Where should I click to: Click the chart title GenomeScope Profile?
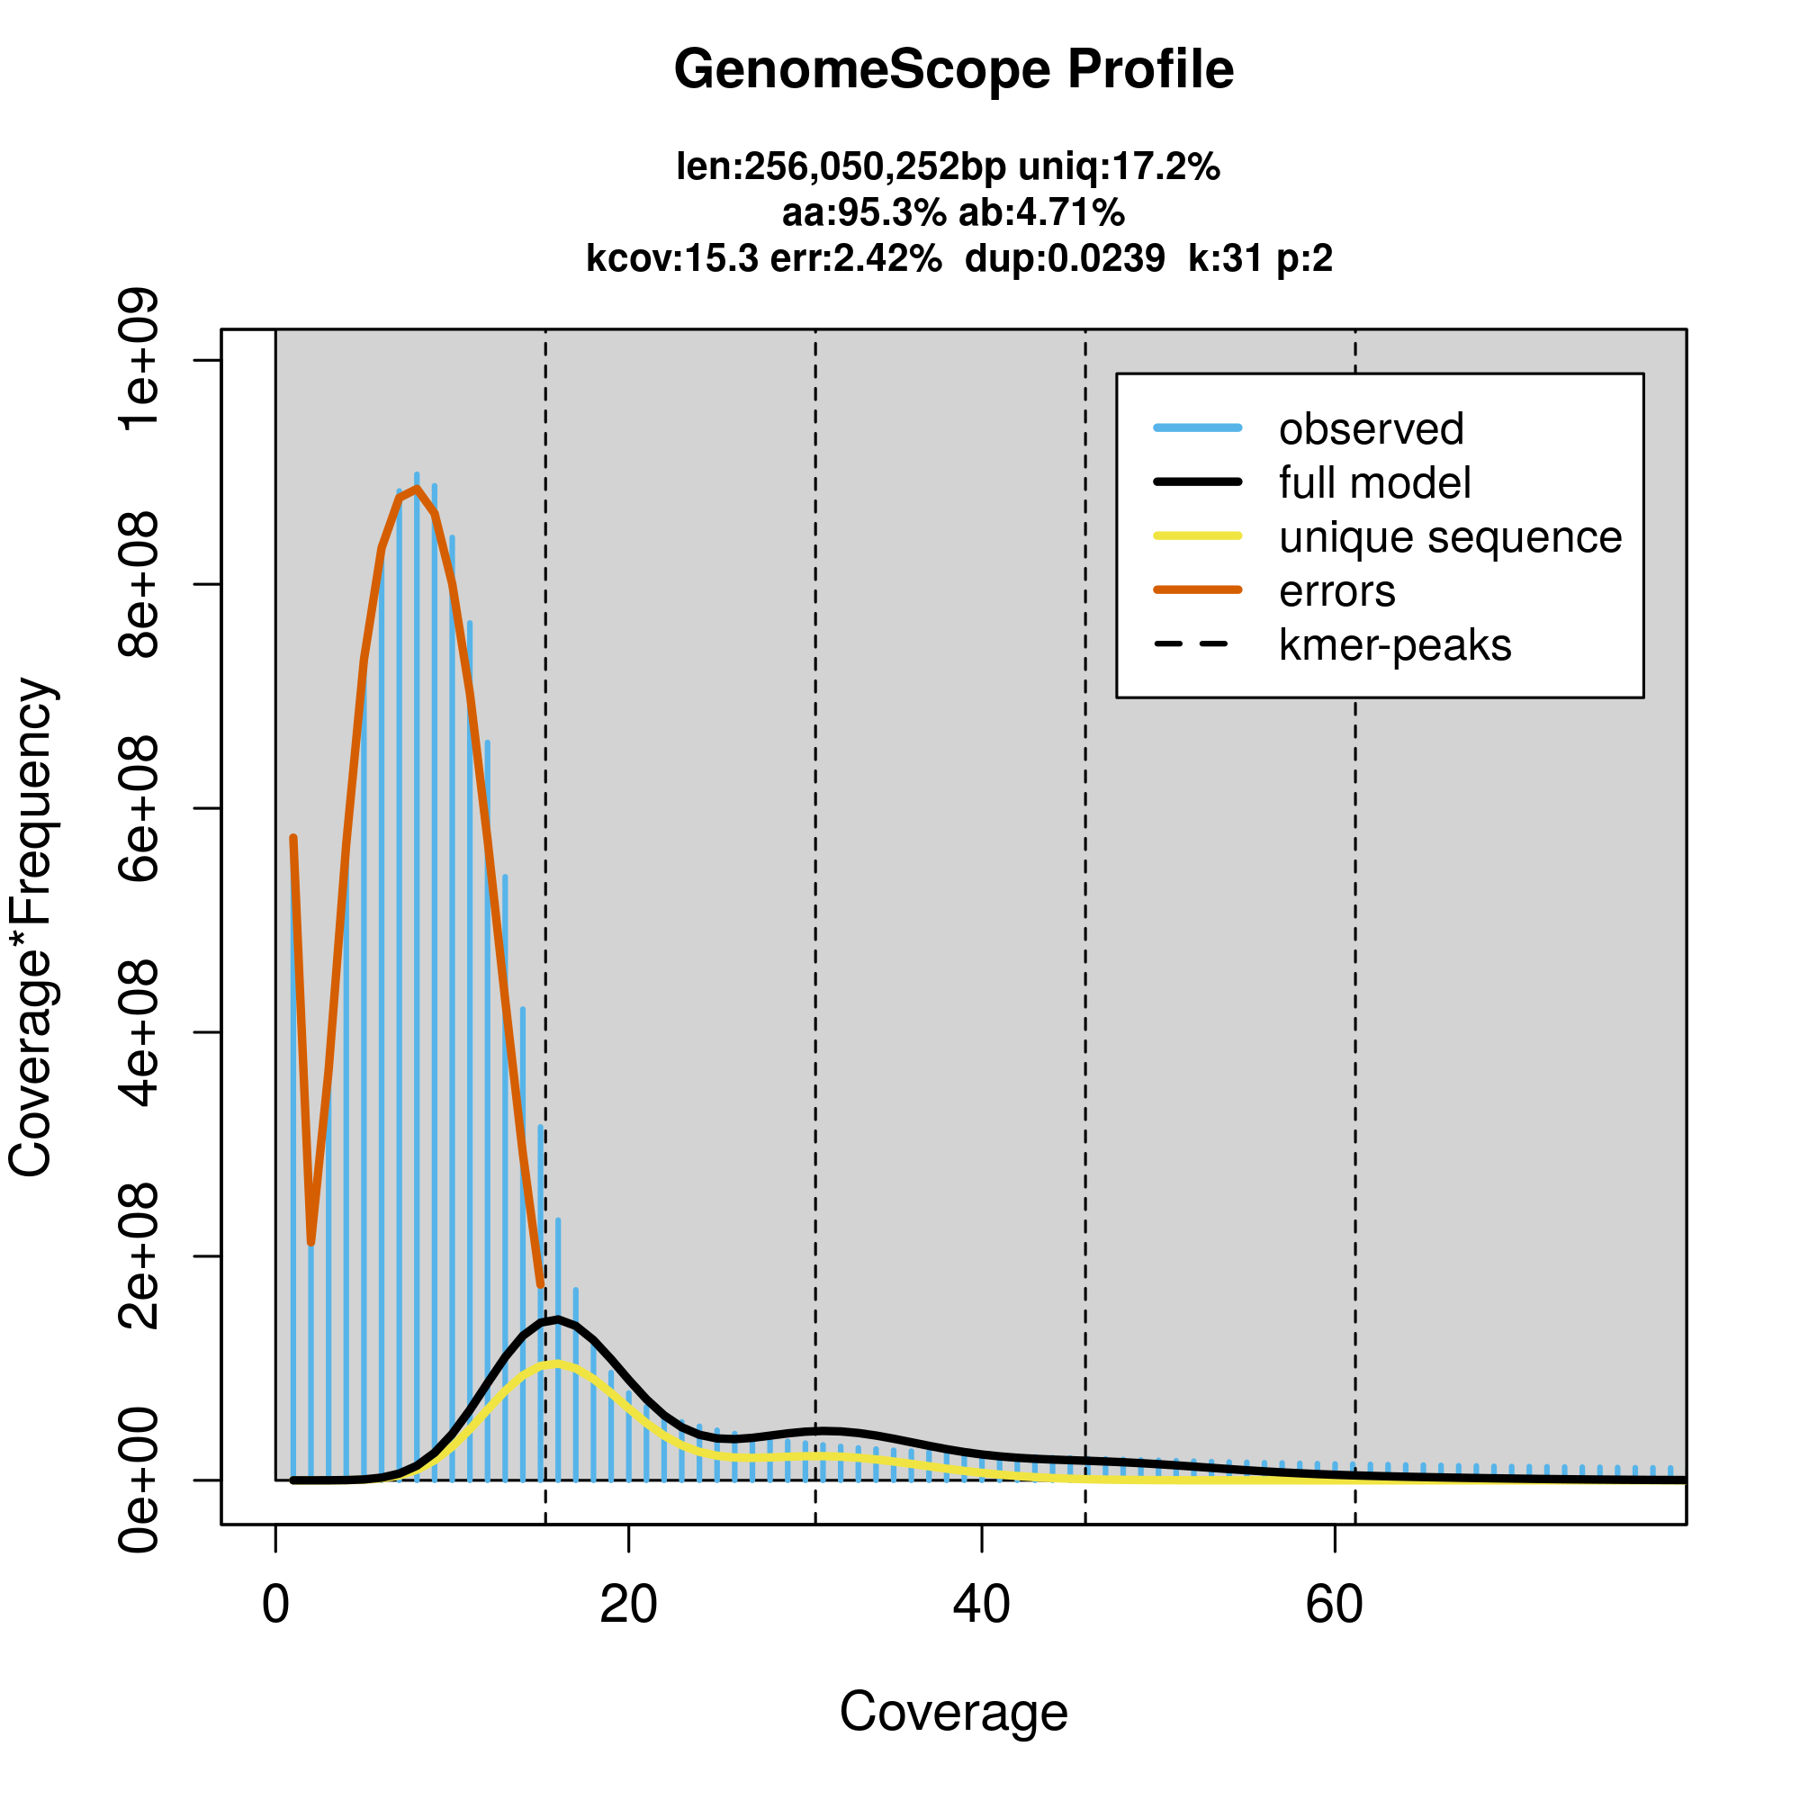click(x=953, y=70)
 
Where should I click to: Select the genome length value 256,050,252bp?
click(x=875, y=167)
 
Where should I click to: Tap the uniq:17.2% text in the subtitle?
click(x=1119, y=167)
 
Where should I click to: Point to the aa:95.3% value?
click(x=864, y=213)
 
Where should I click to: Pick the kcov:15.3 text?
click(x=671, y=258)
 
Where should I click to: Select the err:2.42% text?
click(x=855, y=258)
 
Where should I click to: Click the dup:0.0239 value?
click(x=1064, y=258)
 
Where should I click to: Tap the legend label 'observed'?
click(x=1371, y=429)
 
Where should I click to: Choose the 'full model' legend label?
click(x=1374, y=483)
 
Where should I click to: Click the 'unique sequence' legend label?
click(x=1450, y=537)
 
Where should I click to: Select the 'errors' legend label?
click(x=1337, y=591)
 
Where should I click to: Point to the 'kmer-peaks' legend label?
click(x=1395, y=645)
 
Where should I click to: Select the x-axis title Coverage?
click(x=953, y=1712)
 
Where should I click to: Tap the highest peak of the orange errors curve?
click(x=417, y=489)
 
